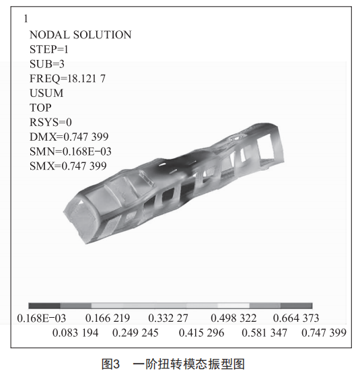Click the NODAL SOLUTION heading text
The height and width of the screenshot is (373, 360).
[80, 35]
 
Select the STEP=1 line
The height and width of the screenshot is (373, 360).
[49, 49]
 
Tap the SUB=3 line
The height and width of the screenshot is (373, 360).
[47, 64]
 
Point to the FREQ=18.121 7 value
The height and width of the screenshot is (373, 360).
[67, 79]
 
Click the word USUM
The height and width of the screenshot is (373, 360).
[46, 93]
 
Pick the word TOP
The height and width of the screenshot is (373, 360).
[40, 108]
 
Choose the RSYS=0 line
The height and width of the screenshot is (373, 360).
[50, 123]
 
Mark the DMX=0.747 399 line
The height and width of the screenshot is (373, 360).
[69, 137]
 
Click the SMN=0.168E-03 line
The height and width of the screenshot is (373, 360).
[71, 151]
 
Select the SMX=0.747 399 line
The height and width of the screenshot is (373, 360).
[68, 166]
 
